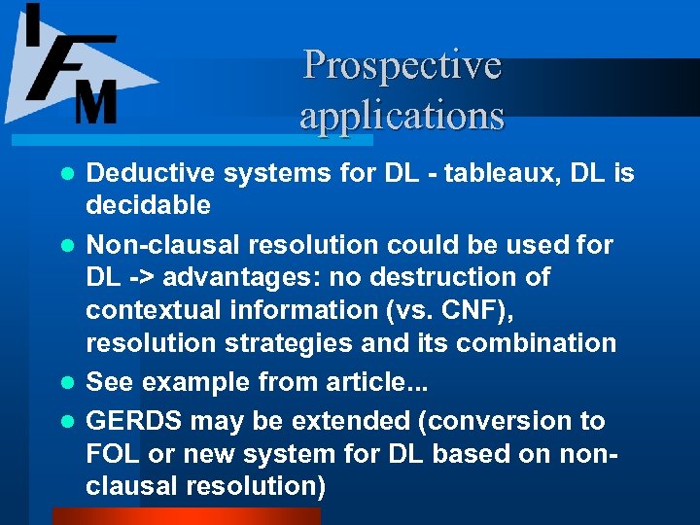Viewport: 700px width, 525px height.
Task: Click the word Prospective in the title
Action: (402, 66)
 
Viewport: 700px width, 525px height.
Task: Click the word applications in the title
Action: (402, 115)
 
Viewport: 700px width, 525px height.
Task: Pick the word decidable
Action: (148, 205)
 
